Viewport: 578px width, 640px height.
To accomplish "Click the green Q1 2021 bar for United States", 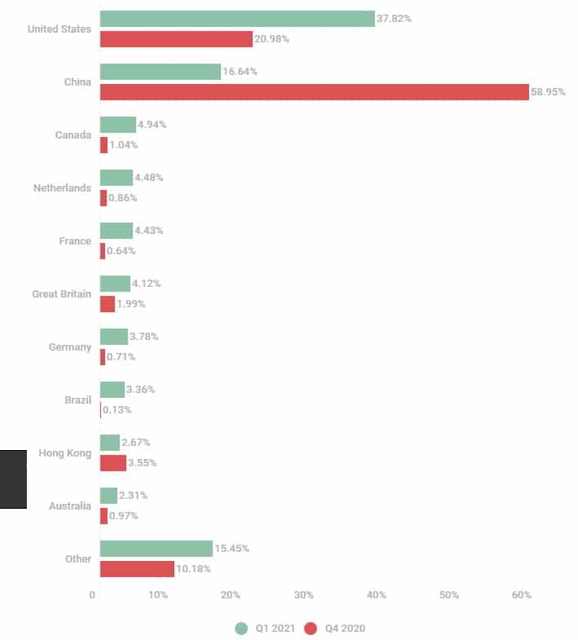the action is click(x=237, y=19).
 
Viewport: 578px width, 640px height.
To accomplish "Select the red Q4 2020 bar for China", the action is click(x=315, y=92).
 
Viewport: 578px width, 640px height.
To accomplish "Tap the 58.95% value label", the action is click(x=548, y=92).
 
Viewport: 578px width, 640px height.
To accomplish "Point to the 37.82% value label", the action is click(x=394, y=19).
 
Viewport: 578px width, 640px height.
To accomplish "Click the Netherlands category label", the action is click(x=62, y=188).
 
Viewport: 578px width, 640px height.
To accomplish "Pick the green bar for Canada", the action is click(x=118, y=125).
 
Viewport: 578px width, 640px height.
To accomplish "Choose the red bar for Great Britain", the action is click(x=108, y=304).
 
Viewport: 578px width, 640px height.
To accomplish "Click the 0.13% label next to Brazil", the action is click(x=117, y=410).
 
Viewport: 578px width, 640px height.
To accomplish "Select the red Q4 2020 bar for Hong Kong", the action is click(x=113, y=463).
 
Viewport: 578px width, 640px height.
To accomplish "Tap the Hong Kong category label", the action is click(x=65, y=453).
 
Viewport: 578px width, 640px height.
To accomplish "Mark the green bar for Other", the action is click(x=157, y=549).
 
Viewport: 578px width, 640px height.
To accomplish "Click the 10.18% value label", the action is click(x=193, y=569).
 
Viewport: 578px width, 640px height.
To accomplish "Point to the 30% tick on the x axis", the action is click(x=304, y=595).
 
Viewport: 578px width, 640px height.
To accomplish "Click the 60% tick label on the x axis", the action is click(x=522, y=595).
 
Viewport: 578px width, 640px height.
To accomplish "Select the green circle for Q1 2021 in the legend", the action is click(x=241, y=629).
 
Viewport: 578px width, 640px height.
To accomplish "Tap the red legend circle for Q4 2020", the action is click(x=311, y=629).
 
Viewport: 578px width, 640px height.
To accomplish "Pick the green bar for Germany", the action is click(x=114, y=337).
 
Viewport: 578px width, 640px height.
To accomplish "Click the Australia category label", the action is click(x=70, y=506).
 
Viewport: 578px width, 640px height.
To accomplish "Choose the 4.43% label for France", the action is click(x=148, y=231).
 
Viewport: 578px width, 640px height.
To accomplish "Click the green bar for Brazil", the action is click(x=113, y=390).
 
